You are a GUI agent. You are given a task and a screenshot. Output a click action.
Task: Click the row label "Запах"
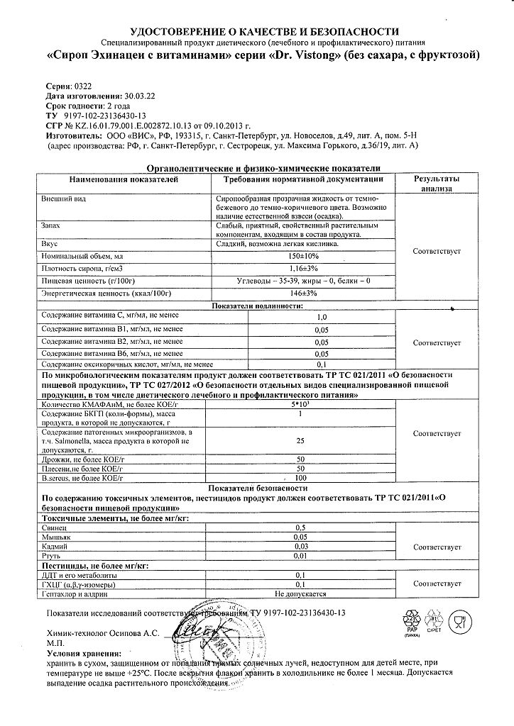pyautogui.click(x=52, y=224)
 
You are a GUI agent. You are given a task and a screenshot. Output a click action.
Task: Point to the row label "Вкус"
pyautogui.click(x=50, y=243)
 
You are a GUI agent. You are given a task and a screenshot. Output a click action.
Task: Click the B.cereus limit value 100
pyautogui.click(x=300, y=479)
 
